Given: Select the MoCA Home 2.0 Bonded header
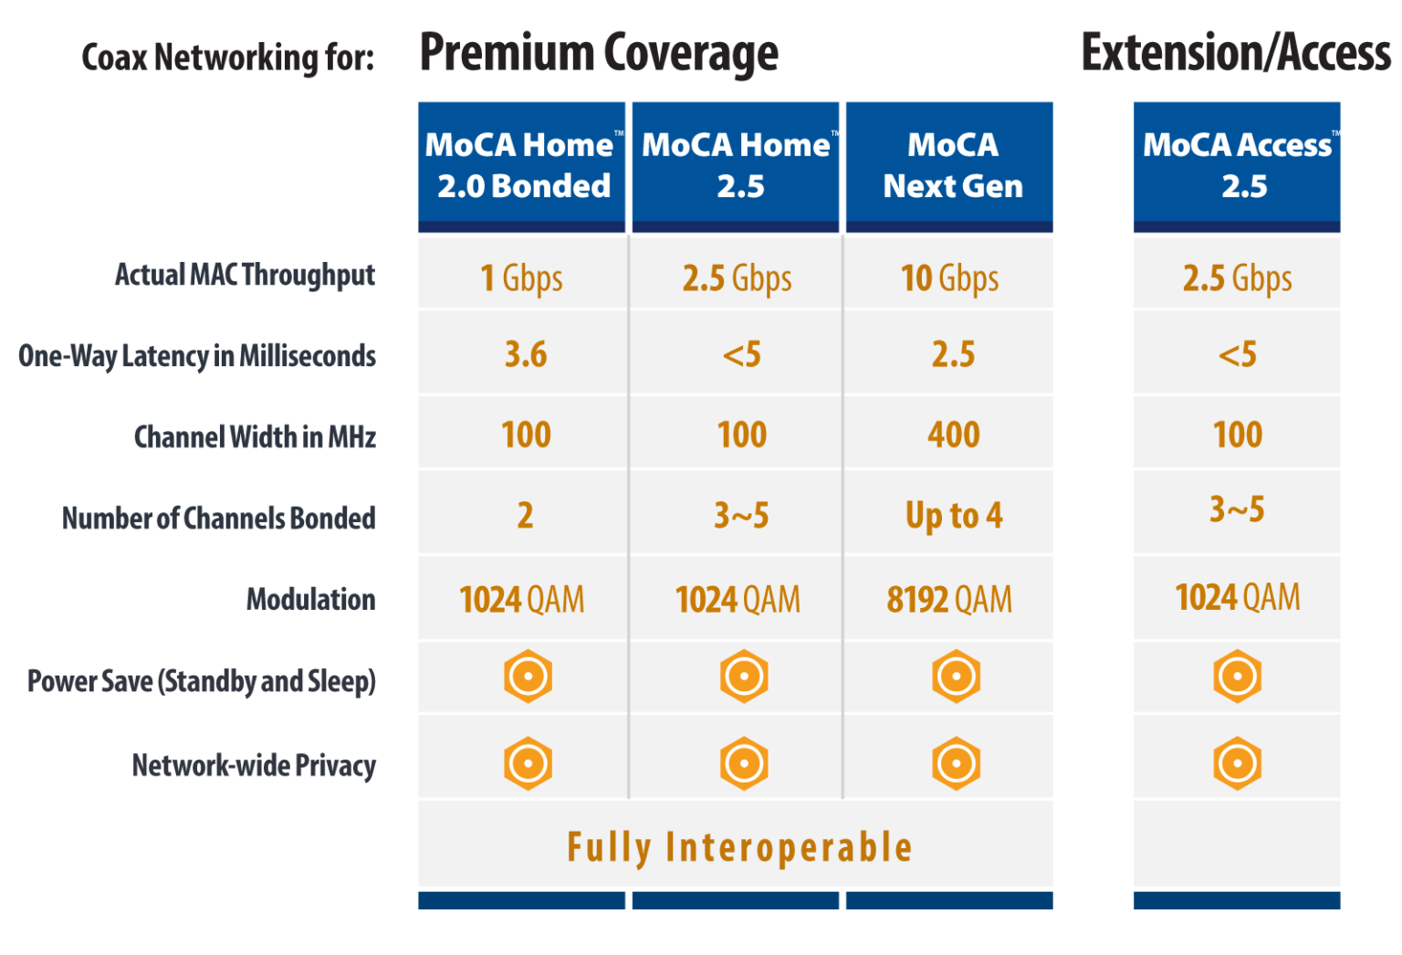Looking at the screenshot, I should [522, 165].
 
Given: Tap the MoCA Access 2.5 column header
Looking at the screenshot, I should [1237, 165].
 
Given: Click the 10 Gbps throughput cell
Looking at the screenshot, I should [949, 278].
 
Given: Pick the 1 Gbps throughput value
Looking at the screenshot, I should [522, 278].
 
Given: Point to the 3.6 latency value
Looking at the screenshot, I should [526, 354].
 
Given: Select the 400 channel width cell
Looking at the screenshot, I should [953, 435].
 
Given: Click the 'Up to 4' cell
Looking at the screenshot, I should [953, 516].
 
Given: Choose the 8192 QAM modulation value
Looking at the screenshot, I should [949, 600].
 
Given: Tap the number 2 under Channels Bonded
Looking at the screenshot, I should [525, 516].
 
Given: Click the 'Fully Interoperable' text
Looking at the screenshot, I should [739, 847].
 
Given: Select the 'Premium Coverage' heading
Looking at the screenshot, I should [599, 53].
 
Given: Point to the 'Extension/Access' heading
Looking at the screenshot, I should [1236, 53].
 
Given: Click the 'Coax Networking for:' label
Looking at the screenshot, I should [228, 58].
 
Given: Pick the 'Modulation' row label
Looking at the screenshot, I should [310, 600].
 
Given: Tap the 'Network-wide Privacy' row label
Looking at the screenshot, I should [254, 765].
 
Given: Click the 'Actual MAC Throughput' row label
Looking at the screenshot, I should [245, 275].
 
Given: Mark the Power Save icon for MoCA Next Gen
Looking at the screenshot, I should [956, 677].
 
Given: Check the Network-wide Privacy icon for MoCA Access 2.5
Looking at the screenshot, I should [1237, 762].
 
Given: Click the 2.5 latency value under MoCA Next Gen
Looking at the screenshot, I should [953, 354].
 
